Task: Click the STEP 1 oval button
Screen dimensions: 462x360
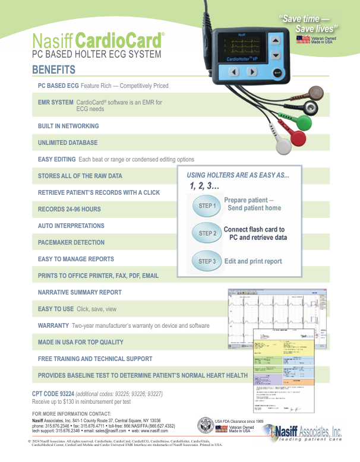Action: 206,205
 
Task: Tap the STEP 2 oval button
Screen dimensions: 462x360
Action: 206,233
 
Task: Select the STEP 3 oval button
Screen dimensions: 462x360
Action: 206,261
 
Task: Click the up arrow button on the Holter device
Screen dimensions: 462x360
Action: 276,40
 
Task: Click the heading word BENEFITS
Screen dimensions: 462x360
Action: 53,70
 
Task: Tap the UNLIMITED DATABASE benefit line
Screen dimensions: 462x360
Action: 68,143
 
